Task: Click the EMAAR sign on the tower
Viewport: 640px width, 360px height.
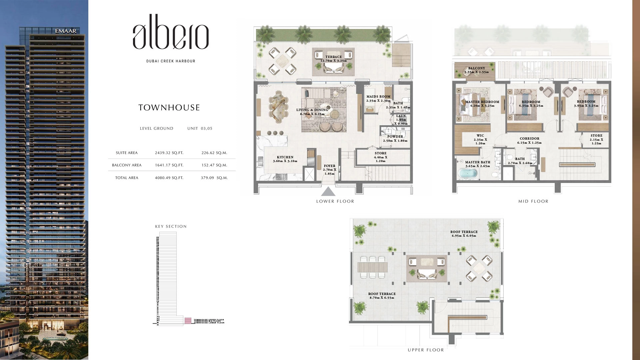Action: tap(66, 31)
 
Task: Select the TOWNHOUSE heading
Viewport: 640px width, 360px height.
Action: tap(169, 108)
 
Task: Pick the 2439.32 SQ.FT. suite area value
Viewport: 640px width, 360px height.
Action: tap(169, 153)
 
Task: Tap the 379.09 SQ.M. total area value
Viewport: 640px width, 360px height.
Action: tap(214, 178)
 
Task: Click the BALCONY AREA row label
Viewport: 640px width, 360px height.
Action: tap(127, 165)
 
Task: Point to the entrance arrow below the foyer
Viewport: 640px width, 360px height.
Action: tap(328, 191)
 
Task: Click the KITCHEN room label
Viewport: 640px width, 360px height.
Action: tap(285, 157)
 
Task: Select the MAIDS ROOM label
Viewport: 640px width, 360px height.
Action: tap(378, 97)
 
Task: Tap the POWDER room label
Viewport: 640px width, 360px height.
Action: tap(395, 137)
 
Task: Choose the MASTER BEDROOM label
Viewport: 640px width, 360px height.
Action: tap(482, 102)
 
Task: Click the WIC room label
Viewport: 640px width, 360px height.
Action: tap(480, 136)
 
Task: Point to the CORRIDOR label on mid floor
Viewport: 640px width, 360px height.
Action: tap(529, 139)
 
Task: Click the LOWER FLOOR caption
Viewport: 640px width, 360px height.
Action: tap(335, 201)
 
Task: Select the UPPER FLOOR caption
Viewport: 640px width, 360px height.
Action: tap(426, 350)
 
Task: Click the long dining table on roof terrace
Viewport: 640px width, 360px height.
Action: tap(373, 267)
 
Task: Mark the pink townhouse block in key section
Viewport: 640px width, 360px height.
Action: tap(188, 321)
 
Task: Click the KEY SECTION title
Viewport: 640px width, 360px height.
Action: tap(171, 226)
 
